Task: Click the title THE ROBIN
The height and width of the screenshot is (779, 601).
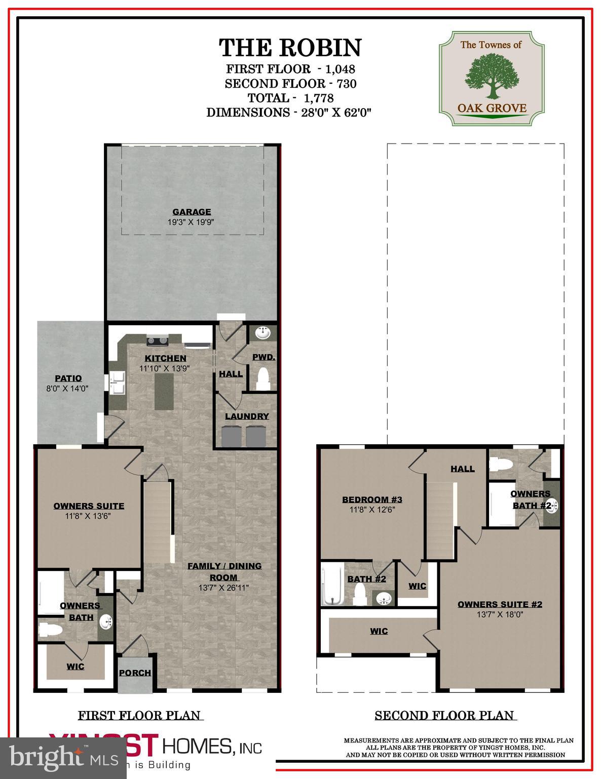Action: coord(290,48)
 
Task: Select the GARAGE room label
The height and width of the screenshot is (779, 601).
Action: coord(192,212)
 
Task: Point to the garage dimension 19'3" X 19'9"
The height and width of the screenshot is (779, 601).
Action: coord(192,222)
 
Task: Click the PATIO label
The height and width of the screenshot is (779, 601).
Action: coord(68,378)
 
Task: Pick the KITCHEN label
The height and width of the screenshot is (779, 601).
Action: coord(165,359)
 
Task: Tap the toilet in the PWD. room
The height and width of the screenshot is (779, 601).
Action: coord(262,379)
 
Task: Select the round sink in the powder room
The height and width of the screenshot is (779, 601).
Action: coord(262,334)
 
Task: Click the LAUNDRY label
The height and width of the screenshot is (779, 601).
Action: coord(247,416)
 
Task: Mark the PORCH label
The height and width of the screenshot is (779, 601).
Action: coord(135,673)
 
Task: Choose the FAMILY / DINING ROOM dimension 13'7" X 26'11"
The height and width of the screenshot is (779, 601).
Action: coord(223,588)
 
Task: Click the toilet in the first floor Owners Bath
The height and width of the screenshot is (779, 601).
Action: coord(51,630)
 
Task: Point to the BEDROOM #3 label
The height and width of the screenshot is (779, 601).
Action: coord(372,500)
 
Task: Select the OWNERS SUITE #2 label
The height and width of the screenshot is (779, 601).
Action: coord(500,604)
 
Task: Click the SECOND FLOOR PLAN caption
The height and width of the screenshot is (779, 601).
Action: coord(445,716)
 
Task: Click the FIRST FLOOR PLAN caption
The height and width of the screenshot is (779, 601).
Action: coord(140,716)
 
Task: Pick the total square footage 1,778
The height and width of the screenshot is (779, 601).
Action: coord(319,98)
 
